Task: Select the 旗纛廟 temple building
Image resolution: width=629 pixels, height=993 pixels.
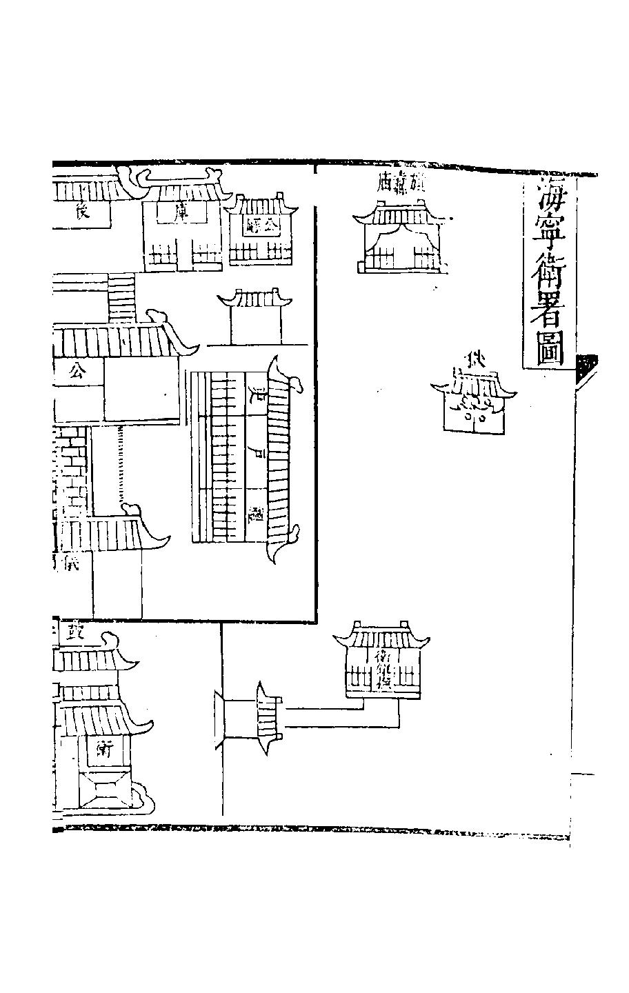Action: tap(400, 241)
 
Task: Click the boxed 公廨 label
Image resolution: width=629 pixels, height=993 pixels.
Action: tap(262, 223)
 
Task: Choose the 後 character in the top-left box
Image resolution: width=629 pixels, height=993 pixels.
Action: tap(81, 213)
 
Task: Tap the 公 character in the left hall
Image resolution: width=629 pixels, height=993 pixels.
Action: tap(77, 373)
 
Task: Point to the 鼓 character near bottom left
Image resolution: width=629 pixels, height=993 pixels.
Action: tap(74, 632)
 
